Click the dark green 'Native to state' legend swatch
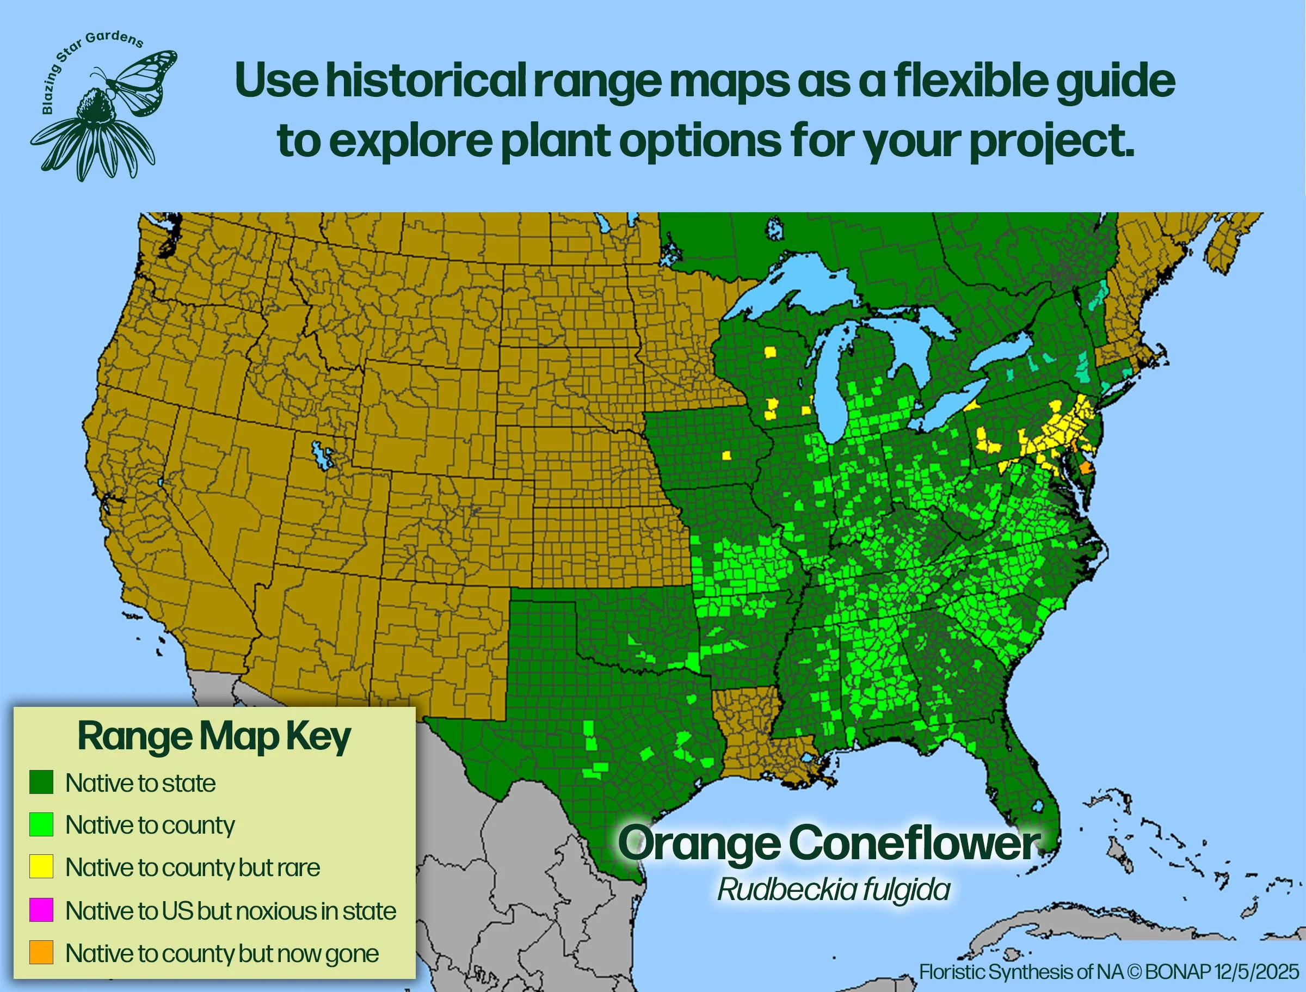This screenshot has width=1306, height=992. tap(41, 782)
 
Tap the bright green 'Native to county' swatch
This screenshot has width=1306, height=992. tap(41, 824)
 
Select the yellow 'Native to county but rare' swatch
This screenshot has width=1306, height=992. tap(41, 867)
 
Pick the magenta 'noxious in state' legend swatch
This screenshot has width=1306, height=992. tap(41, 910)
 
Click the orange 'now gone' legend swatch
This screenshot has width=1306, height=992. tap(41, 952)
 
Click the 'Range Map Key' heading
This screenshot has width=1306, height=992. tap(214, 736)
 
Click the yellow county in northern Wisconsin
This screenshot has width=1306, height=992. tap(771, 352)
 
